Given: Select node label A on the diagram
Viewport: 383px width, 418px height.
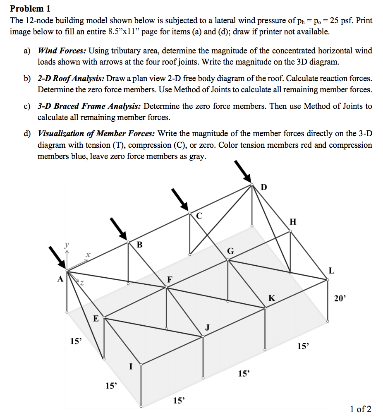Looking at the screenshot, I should pos(60,279).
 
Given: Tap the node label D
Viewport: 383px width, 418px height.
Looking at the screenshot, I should pos(264,187).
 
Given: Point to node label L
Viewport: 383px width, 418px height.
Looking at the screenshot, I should pos(331,271).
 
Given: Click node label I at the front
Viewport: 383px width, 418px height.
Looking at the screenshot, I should pos(131,366).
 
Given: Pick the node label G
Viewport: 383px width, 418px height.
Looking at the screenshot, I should pos(230,251).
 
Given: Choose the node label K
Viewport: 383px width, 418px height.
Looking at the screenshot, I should pos(271,298).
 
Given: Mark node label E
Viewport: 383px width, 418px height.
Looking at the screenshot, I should pos(96,319).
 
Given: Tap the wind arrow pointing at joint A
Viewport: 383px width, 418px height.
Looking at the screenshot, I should pos(57,257).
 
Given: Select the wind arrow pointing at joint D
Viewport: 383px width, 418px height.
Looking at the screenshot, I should pos(243,171).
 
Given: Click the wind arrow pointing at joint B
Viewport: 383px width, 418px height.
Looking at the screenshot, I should pos(118,228).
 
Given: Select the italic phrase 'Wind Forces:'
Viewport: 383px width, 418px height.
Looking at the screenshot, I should pos(62,51).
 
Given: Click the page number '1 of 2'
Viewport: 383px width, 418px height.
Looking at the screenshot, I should pos(360,409).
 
